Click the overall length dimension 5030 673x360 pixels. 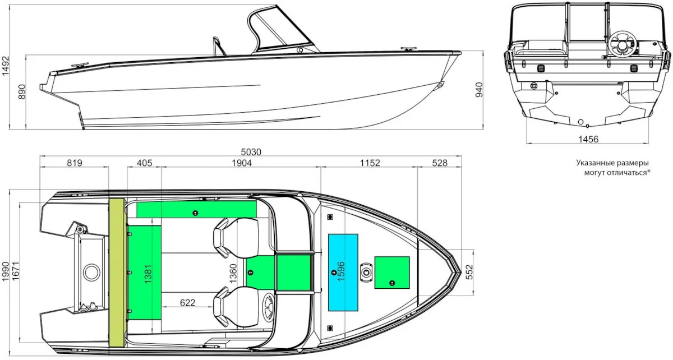251,152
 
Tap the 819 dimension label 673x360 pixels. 74,163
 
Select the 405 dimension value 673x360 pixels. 145,163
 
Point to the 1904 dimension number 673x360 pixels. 242,163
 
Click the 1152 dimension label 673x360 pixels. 370,163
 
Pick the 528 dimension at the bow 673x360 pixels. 440,163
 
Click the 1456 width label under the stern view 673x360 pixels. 588,139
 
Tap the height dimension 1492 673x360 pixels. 6,66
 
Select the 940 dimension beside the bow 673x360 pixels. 479,90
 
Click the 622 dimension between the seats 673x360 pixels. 187,302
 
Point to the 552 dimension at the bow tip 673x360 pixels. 469,272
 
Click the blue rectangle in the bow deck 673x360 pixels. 343,273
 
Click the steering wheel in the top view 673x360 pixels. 268,307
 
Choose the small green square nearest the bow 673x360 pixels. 392,273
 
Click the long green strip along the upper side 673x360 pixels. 196,210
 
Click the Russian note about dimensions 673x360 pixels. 613,168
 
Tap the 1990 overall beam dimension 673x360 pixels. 6,271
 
